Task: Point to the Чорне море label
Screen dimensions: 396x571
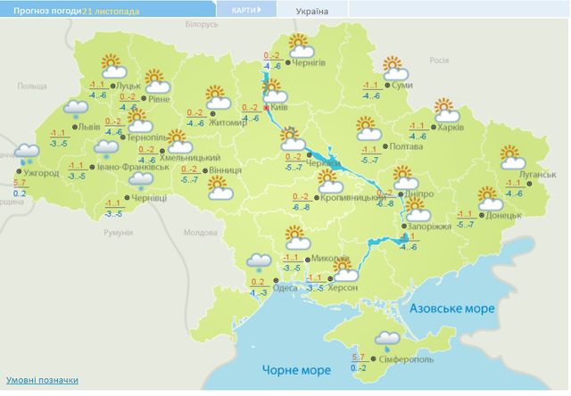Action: coord(291,369)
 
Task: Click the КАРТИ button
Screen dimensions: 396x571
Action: coord(245,11)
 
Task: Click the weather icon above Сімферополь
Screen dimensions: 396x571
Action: coord(386,338)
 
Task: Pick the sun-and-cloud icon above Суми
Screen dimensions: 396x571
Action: coord(393,67)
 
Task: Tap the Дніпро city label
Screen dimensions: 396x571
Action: coord(419,193)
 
